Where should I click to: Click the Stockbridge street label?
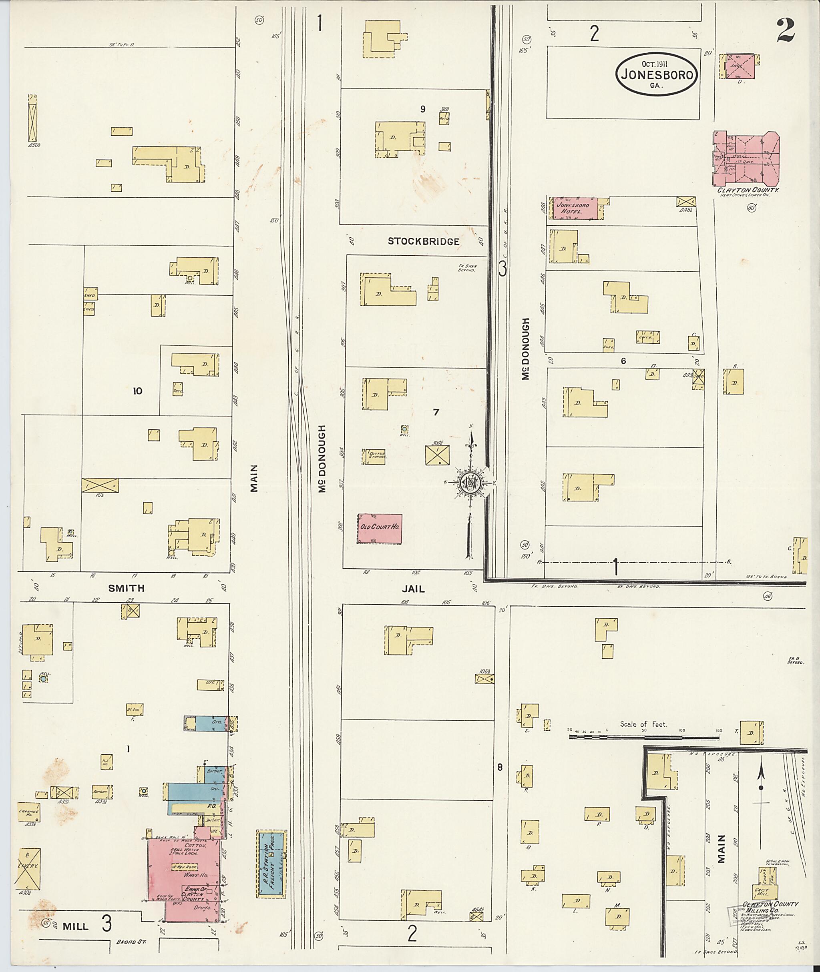pyautogui.click(x=424, y=241)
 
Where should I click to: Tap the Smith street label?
pyautogui.click(x=126, y=588)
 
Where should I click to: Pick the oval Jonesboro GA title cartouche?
pyautogui.click(x=656, y=74)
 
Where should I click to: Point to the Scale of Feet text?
pyautogui.click(x=643, y=724)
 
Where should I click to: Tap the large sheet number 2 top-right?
pyautogui.click(x=784, y=31)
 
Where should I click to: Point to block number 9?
pyautogui.click(x=422, y=109)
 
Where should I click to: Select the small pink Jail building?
pyautogui.click(x=740, y=66)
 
